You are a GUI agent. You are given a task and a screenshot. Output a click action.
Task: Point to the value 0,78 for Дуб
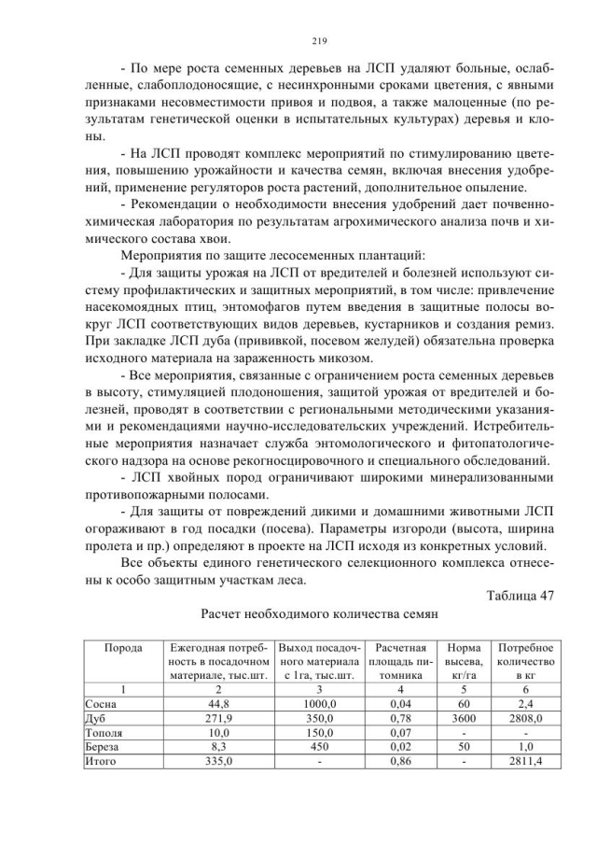click(x=403, y=718)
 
